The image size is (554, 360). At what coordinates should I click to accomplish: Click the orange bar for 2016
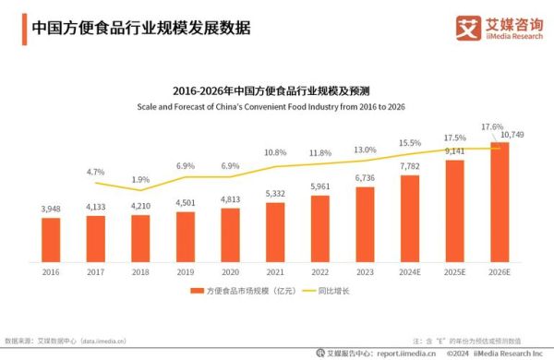51,238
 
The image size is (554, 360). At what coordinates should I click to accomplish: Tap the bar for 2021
275,231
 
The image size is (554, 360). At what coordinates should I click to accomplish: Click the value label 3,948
51,210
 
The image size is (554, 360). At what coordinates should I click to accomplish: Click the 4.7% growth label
95,173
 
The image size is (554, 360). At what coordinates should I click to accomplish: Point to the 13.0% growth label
365,150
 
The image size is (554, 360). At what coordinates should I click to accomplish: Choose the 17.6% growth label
492,126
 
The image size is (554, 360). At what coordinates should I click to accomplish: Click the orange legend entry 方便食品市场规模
235,293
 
